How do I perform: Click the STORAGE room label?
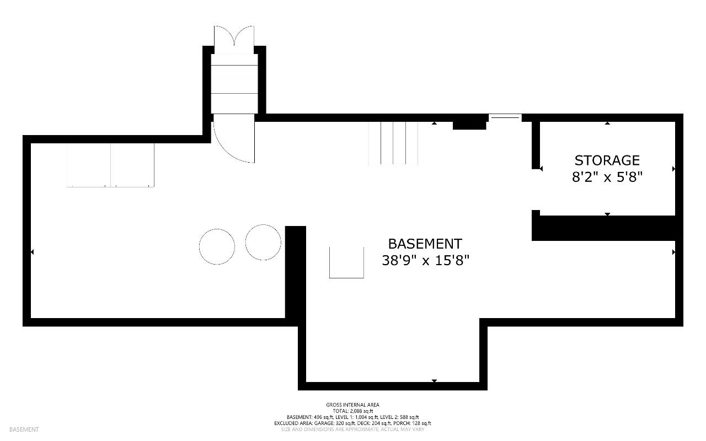tap(607, 160)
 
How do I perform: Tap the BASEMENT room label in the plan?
tap(425, 244)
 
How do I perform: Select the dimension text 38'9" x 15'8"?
tap(425, 261)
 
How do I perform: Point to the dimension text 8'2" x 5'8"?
tap(607, 177)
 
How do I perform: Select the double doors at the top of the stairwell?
tap(234, 36)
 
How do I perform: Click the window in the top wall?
tap(505, 117)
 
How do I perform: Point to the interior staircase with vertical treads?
tap(393, 143)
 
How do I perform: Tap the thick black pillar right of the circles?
tap(295, 272)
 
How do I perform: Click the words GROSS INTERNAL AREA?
tap(352, 405)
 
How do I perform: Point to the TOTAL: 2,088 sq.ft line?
tap(352, 411)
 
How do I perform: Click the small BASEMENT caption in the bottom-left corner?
tap(24, 429)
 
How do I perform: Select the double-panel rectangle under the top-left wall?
tap(110, 165)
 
